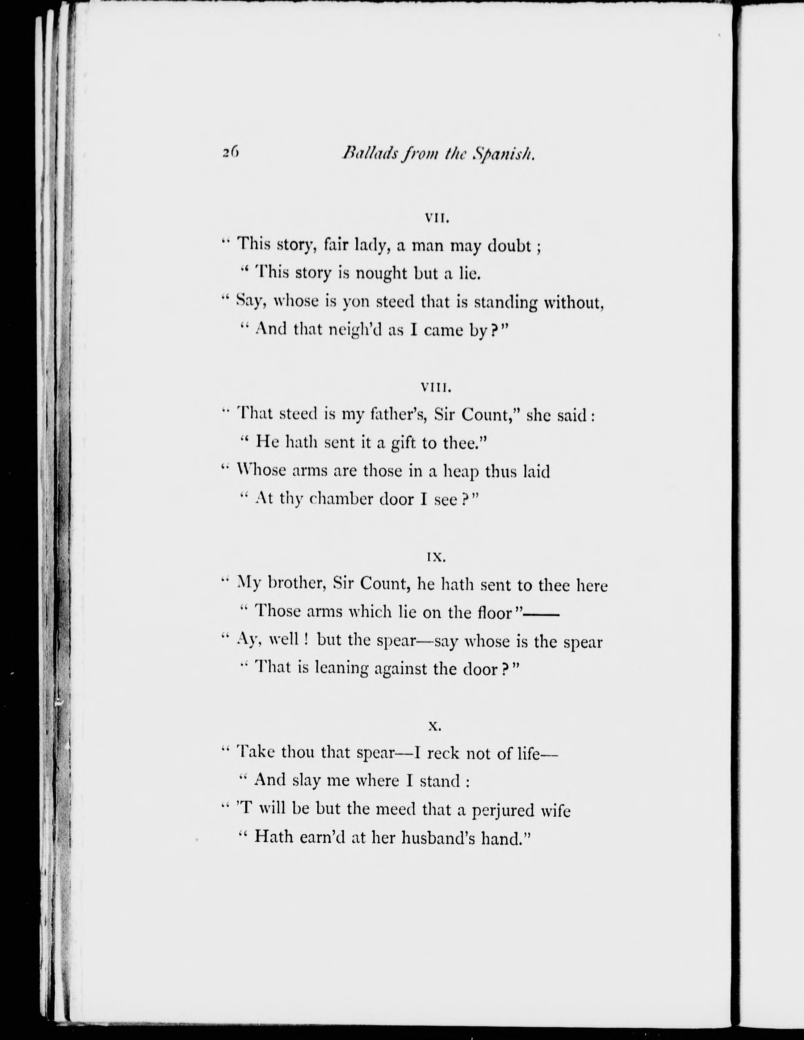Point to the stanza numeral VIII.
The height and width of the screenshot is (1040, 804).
click(x=437, y=388)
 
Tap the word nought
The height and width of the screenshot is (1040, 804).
click(x=382, y=274)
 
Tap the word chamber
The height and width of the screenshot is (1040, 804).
click(x=341, y=500)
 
